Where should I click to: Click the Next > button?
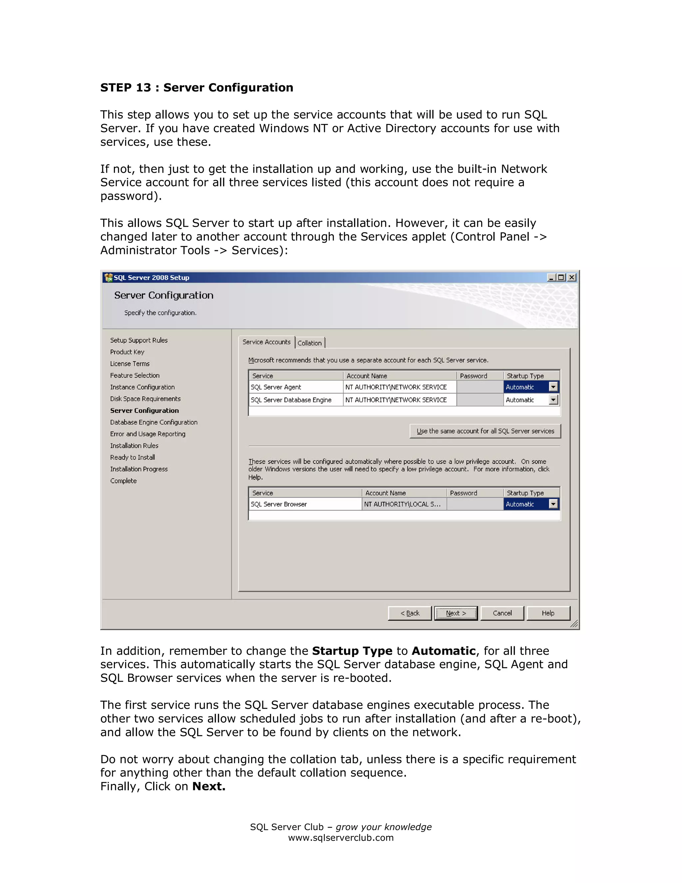[x=456, y=613]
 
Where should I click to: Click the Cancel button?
[x=502, y=613]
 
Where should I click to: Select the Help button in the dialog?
[x=548, y=613]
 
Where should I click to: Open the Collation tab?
[x=309, y=343]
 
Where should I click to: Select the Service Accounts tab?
[x=266, y=342]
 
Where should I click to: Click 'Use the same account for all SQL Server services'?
[x=485, y=431]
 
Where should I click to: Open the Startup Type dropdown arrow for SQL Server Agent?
[x=553, y=387]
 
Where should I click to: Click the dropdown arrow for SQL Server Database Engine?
[x=553, y=400]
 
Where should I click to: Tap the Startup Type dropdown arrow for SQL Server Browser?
[x=553, y=504]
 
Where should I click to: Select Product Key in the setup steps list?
[x=127, y=352]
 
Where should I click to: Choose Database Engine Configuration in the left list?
[x=154, y=422]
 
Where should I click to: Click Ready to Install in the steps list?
[x=133, y=457]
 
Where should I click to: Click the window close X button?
[x=572, y=277]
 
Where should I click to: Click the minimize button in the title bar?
[x=551, y=277]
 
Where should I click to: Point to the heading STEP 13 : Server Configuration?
[x=197, y=87]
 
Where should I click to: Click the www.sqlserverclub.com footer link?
[x=341, y=838]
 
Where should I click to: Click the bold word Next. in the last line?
[x=209, y=786]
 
